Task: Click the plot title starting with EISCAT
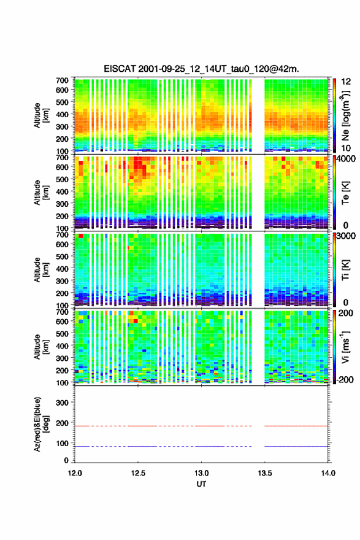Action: coord(201,69)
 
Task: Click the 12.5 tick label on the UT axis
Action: coord(138,473)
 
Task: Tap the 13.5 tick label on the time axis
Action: coord(265,473)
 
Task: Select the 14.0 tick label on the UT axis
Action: coord(328,473)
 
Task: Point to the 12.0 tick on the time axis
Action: coord(75,473)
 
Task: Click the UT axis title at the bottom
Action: coord(201,484)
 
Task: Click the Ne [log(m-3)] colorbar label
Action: coord(346,115)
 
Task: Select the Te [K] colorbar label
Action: coord(345,193)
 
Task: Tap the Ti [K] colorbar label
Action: coord(345,269)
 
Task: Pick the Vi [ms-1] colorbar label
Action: coord(345,347)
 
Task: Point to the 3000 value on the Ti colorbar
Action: coord(347,236)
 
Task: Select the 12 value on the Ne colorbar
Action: coord(346,82)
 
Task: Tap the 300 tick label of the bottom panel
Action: coord(62,403)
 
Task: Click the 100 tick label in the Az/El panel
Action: coord(62,444)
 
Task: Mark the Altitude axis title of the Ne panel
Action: coord(41,115)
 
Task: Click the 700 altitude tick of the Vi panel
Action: coord(62,312)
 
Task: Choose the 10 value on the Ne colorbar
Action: coord(346,148)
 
